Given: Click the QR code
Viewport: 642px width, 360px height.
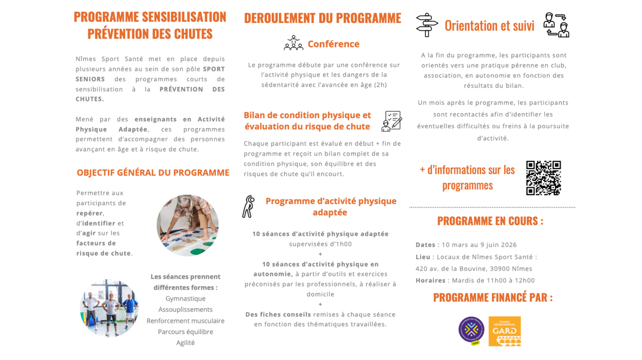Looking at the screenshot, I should coord(543,178).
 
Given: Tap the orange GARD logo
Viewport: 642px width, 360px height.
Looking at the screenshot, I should coord(504,331).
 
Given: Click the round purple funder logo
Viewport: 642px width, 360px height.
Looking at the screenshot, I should coord(471,330).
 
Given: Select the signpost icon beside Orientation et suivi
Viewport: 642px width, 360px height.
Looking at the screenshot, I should coord(426,25).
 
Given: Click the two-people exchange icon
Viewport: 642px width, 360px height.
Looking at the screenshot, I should coord(556,25).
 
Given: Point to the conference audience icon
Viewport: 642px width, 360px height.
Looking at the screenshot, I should coord(293,43).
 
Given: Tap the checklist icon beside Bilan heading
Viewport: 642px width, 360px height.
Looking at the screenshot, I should coord(392,121).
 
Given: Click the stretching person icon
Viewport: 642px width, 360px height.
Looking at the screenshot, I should coord(248,206).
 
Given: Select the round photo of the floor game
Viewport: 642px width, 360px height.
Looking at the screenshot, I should coord(187,225).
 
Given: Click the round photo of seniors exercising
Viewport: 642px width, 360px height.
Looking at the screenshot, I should coord(109,308).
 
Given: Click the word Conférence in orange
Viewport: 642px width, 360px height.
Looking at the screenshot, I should coord(333,44).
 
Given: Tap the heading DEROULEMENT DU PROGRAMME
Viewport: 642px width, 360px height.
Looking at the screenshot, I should coord(322,18).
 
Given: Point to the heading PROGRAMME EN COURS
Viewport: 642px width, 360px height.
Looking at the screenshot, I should coord(490,221).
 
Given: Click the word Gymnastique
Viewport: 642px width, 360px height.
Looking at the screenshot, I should coord(185,298).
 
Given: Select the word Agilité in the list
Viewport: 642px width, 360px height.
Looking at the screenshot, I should coord(185,342).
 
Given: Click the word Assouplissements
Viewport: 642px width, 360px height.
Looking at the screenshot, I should coord(185,309).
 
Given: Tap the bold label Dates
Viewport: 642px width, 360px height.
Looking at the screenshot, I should coord(425,245).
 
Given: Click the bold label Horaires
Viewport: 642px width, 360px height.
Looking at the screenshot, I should coord(430,280).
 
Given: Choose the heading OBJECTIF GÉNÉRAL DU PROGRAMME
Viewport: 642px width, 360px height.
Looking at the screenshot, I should coord(152,173).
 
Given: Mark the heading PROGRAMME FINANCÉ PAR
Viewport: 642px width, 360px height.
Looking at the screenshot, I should coord(493,297).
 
